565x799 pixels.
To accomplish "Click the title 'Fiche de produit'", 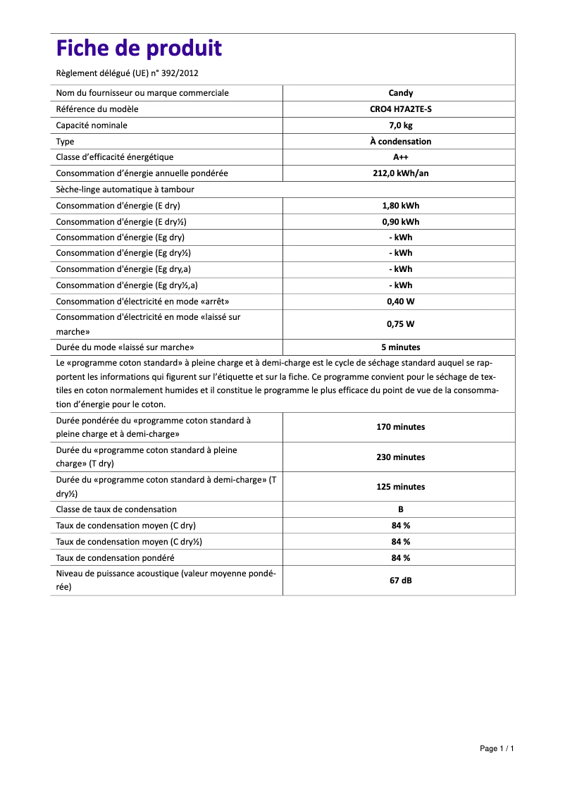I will [139, 49].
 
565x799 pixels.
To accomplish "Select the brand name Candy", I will [400, 93].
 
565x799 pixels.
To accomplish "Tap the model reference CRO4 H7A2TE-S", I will [400, 109].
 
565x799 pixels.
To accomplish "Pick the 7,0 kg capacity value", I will [400, 125].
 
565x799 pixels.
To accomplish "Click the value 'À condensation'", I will [400, 142].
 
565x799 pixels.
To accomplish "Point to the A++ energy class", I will [400, 157].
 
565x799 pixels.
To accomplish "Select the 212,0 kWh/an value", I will [400, 173].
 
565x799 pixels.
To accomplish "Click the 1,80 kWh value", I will [400, 206].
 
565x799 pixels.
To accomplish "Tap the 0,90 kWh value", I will [400, 222].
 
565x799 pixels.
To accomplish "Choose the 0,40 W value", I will [400, 302].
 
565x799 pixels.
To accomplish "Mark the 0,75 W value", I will [400, 324].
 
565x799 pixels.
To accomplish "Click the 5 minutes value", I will [400, 347].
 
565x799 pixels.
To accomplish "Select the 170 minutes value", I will [400, 427].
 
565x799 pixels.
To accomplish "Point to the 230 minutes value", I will [400, 457].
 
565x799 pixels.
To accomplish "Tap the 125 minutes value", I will [400, 487].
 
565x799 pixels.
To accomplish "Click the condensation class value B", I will [400, 509].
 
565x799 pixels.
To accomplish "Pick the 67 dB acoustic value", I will [400, 581].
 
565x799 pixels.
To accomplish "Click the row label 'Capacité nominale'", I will [92, 125].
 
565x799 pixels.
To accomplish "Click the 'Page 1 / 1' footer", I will [497, 748].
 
